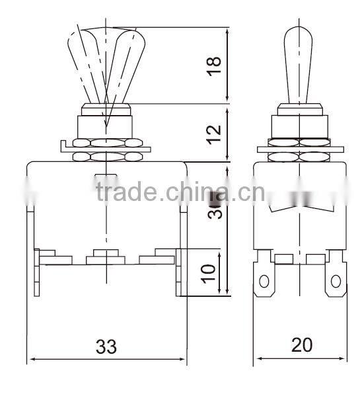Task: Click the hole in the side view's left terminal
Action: [265, 282]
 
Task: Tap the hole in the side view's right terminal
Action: [337, 282]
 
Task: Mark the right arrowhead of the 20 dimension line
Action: [343, 361]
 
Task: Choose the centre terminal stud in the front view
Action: [106, 253]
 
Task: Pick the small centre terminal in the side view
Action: [285, 259]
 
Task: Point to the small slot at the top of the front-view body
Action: [106, 175]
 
